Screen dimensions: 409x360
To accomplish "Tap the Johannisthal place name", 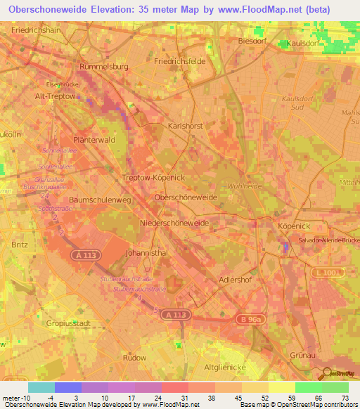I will (143, 251).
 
